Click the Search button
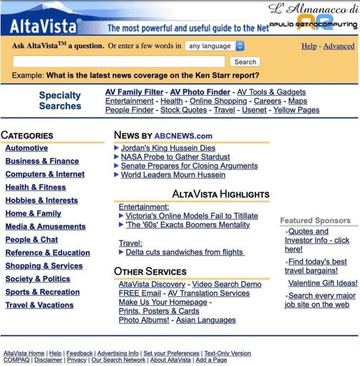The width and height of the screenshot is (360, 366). pos(245,61)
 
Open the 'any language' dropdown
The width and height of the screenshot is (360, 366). pos(215,46)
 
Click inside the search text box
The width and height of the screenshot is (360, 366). pos(119,61)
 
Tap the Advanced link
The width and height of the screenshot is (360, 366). pos(339,46)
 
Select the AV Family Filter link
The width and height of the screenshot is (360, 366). pos(134,92)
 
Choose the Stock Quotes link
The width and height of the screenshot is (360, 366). pos(183,110)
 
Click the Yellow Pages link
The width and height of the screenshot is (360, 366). pos(296,110)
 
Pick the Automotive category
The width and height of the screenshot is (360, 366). pos(26,148)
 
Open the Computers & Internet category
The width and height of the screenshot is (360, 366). pos(44,174)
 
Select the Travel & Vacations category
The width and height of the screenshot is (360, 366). pos(39,305)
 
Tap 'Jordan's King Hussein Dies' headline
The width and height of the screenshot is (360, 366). pos(167,148)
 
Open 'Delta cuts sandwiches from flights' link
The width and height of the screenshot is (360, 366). pos(185,252)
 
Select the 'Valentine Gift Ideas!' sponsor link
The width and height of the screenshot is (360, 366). pos(323,282)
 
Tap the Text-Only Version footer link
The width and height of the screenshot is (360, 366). pos(228,353)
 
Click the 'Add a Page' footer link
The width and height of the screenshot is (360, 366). pos(211,360)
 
